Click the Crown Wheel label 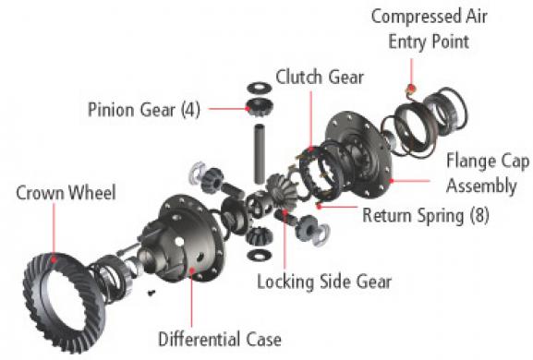coord(66,193)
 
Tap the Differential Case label coord(220,340)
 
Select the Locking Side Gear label coord(324,282)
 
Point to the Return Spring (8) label coord(426,215)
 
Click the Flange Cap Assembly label coord(488,174)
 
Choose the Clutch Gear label coord(320,77)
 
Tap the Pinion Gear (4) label coord(144,110)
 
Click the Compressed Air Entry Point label coord(430,30)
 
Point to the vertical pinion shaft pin coord(260,154)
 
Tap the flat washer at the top coord(260,88)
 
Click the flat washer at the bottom coord(260,255)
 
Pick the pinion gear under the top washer coord(260,107)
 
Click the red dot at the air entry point coord(411,88)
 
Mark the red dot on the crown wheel coord(54,259)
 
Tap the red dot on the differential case coord(192,270)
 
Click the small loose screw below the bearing coord(151,292)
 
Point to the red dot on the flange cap coord(392,181)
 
